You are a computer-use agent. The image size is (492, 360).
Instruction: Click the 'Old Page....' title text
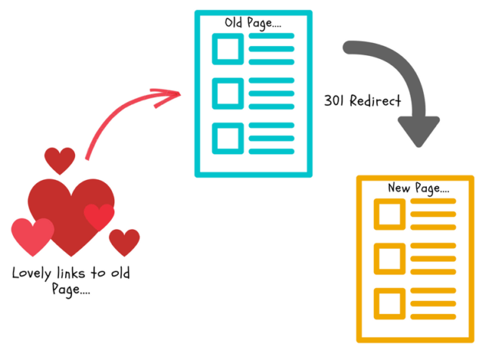(253, 23)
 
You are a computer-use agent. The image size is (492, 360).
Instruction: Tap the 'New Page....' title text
(419, 188)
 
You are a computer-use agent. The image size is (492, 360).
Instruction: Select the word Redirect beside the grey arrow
(375, 101)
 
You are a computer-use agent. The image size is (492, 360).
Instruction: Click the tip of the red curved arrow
(180, 93)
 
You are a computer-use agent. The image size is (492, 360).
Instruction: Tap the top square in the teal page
(228, 49)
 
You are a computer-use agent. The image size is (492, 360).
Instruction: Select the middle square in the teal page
(228, 94)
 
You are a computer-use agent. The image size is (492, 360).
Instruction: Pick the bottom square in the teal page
(228, 138)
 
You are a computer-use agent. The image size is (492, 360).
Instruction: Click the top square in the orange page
(389, 214)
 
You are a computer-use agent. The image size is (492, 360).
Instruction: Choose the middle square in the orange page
(389, 259)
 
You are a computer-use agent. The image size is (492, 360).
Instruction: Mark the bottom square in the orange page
(389, 303)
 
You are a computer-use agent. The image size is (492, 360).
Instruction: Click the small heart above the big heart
(60, 160)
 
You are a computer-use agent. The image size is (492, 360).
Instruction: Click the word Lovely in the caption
(31, 274)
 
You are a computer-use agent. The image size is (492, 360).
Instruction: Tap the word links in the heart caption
(71, 273)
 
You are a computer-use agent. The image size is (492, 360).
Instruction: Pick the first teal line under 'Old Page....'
(272, 36)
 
